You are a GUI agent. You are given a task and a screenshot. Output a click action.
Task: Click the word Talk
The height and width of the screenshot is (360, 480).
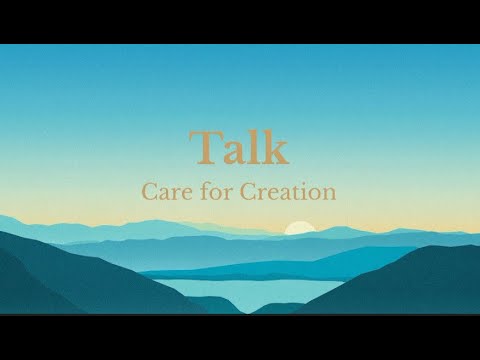point(239,148)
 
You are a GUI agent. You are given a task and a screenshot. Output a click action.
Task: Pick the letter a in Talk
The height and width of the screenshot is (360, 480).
point(235,152)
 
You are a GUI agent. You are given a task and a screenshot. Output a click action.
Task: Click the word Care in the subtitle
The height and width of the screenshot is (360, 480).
point(165,191)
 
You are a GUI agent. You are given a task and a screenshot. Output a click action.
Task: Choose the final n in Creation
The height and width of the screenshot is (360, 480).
point(329,193)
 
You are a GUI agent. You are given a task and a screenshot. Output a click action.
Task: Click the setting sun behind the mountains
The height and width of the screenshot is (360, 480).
point(298,228)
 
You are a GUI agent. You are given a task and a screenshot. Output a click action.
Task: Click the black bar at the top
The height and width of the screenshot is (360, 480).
point(240,21)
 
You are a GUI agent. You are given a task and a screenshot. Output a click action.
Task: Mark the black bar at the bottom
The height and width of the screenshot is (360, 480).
point(240,337)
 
